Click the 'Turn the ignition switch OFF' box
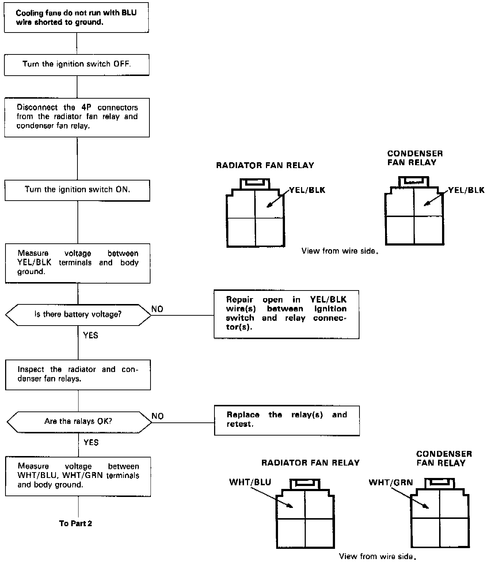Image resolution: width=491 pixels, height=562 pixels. [x=77, y=65]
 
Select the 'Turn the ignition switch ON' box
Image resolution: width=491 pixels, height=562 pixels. [x=77, y=190]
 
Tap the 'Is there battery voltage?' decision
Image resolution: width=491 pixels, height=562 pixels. [x=78, y=314]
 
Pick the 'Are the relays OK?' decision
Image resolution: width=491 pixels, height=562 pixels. [x=79, y=422]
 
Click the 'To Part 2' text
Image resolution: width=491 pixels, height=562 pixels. [x=76, y=523]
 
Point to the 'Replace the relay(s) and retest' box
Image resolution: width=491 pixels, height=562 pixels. [x=287, y=420]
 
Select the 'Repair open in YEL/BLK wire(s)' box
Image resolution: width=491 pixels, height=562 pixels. [x=286, y=314]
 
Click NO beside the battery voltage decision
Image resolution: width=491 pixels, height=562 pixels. [x=157, y=309]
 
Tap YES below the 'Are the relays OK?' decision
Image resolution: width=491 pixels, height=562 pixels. [x=91, y=443]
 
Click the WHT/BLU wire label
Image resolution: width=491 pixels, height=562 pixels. [x=250, y=482]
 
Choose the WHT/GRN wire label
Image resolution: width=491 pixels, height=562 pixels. [x=391, y=482]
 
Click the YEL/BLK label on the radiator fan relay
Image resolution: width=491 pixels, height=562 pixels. [x=307, y=190]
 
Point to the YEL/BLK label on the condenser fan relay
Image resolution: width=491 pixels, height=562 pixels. [x=466, y=190]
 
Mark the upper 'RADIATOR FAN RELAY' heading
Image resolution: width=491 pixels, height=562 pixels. [x=265, y=166]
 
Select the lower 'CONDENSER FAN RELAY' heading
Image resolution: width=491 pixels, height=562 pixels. [x=444, y=458]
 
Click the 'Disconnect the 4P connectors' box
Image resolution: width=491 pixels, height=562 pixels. [x=77, y=117]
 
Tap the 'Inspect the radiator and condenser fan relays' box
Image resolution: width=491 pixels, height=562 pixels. [x=78, y=375]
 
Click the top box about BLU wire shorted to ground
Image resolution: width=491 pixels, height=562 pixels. [x=76, y=18]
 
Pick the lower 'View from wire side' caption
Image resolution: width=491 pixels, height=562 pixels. [x=378, y=556]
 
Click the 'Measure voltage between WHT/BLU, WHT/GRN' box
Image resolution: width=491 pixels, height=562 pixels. [x=78, y=476]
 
